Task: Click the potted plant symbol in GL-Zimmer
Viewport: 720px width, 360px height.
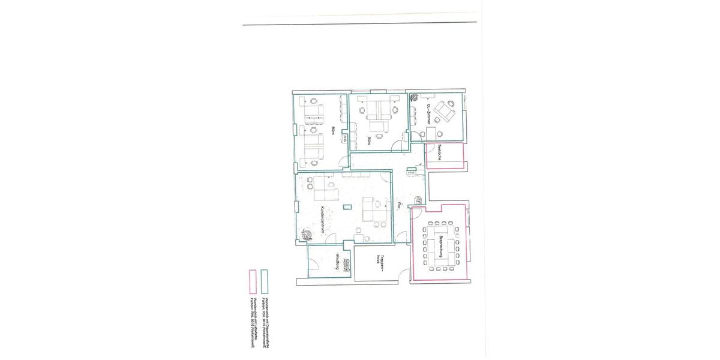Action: (413, 95)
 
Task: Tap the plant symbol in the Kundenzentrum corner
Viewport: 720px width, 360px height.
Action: (307, 235)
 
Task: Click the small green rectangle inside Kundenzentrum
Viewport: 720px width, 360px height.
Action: (347, 208)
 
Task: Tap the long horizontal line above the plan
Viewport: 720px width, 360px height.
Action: (360, 25)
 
